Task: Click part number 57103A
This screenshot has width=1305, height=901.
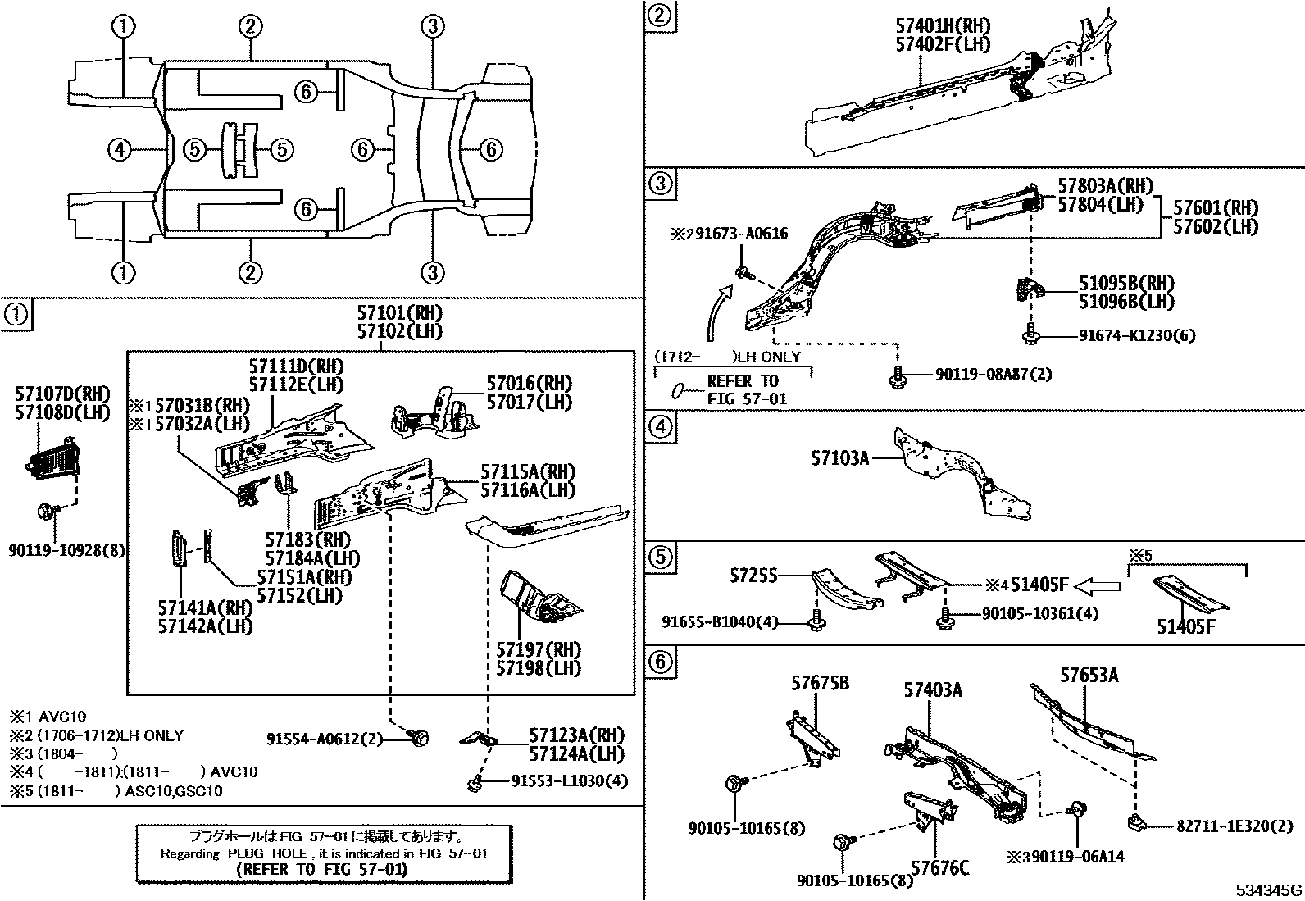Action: pos(840,457)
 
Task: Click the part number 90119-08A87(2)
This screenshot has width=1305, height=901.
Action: pos(993,374)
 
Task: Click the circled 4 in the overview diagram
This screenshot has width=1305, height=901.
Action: pos(120,149)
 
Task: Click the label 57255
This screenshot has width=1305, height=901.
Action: pos(754,576)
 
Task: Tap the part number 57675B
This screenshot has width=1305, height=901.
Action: pos(820,681)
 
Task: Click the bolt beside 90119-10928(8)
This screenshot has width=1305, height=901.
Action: pos(47,512)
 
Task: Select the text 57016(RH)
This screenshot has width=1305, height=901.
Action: pos(529,383)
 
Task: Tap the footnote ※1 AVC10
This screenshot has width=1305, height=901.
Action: pos(48,717)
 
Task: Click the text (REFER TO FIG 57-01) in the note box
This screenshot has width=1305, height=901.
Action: pos(321,870)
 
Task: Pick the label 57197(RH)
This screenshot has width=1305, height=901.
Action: pos(538,649)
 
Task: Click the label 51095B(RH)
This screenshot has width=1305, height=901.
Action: pos(1126,283)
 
